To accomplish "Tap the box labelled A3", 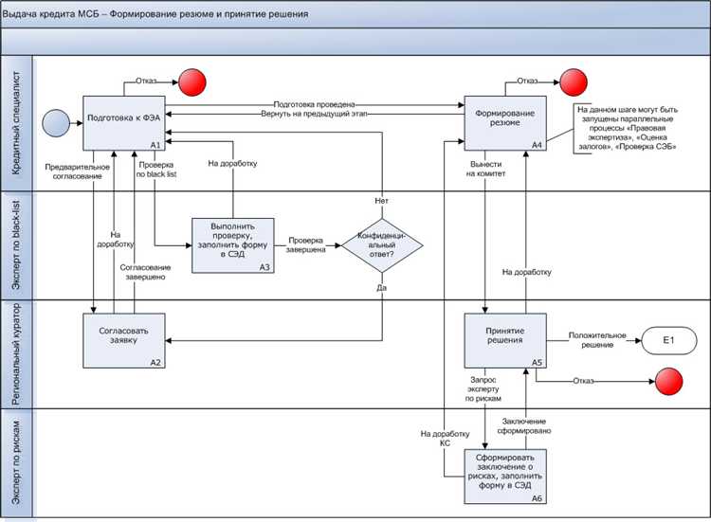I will pyautogui.click(x=233, y=245).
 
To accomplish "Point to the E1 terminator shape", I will pyautogui.click(x=667, y=340).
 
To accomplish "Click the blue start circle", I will pyautogui.click(x=54, y=122).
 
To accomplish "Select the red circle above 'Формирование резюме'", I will pyautogui.click(x=573, y=80).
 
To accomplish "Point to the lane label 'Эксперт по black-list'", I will pyautogui.click(x=17, y=245).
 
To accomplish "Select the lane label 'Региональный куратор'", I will pyautogui.click(x=17, y=354).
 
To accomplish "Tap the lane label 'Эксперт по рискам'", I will pyautogui.click(x=17, y=463).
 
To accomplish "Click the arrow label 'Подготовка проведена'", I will pyautogui.click(x=314, y=103).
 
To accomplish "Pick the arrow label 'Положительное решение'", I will pyautogui.click(x=596, y=339).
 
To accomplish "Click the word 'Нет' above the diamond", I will pyautogui.click(x=381, y=202).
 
